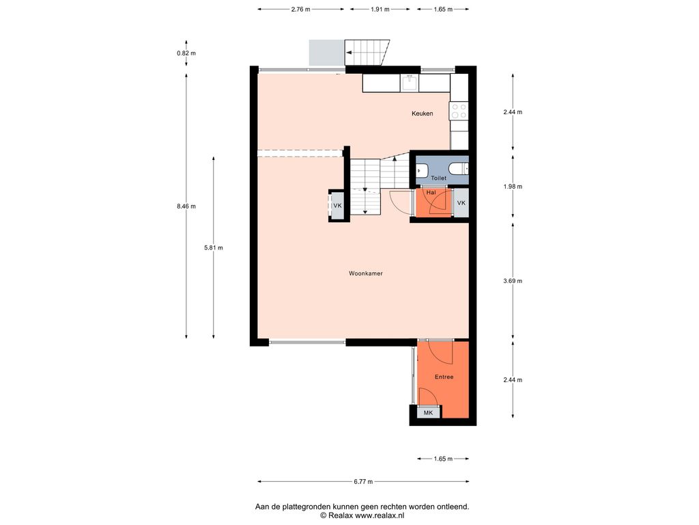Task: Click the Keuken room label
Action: point(422,113)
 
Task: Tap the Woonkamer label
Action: point(366,273)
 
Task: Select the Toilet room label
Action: point(439,178)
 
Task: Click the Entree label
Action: point(444,377)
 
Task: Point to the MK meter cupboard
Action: point(429,412)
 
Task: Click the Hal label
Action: point(431,192)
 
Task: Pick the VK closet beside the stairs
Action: point(337,205)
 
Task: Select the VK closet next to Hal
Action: point(461,202)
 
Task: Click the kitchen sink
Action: point(410,83)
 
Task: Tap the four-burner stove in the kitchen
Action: point(459,111)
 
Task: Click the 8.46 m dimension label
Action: point(186,206)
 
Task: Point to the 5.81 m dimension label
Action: point(214,247)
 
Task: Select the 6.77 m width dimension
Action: point(363,481)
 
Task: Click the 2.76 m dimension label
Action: point(301,9)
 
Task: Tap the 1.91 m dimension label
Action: point(380,9)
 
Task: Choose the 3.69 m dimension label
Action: point(513,281)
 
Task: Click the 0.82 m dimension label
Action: point(186,53)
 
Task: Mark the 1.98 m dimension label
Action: point(513,187)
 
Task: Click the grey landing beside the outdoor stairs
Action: point(327,53)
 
